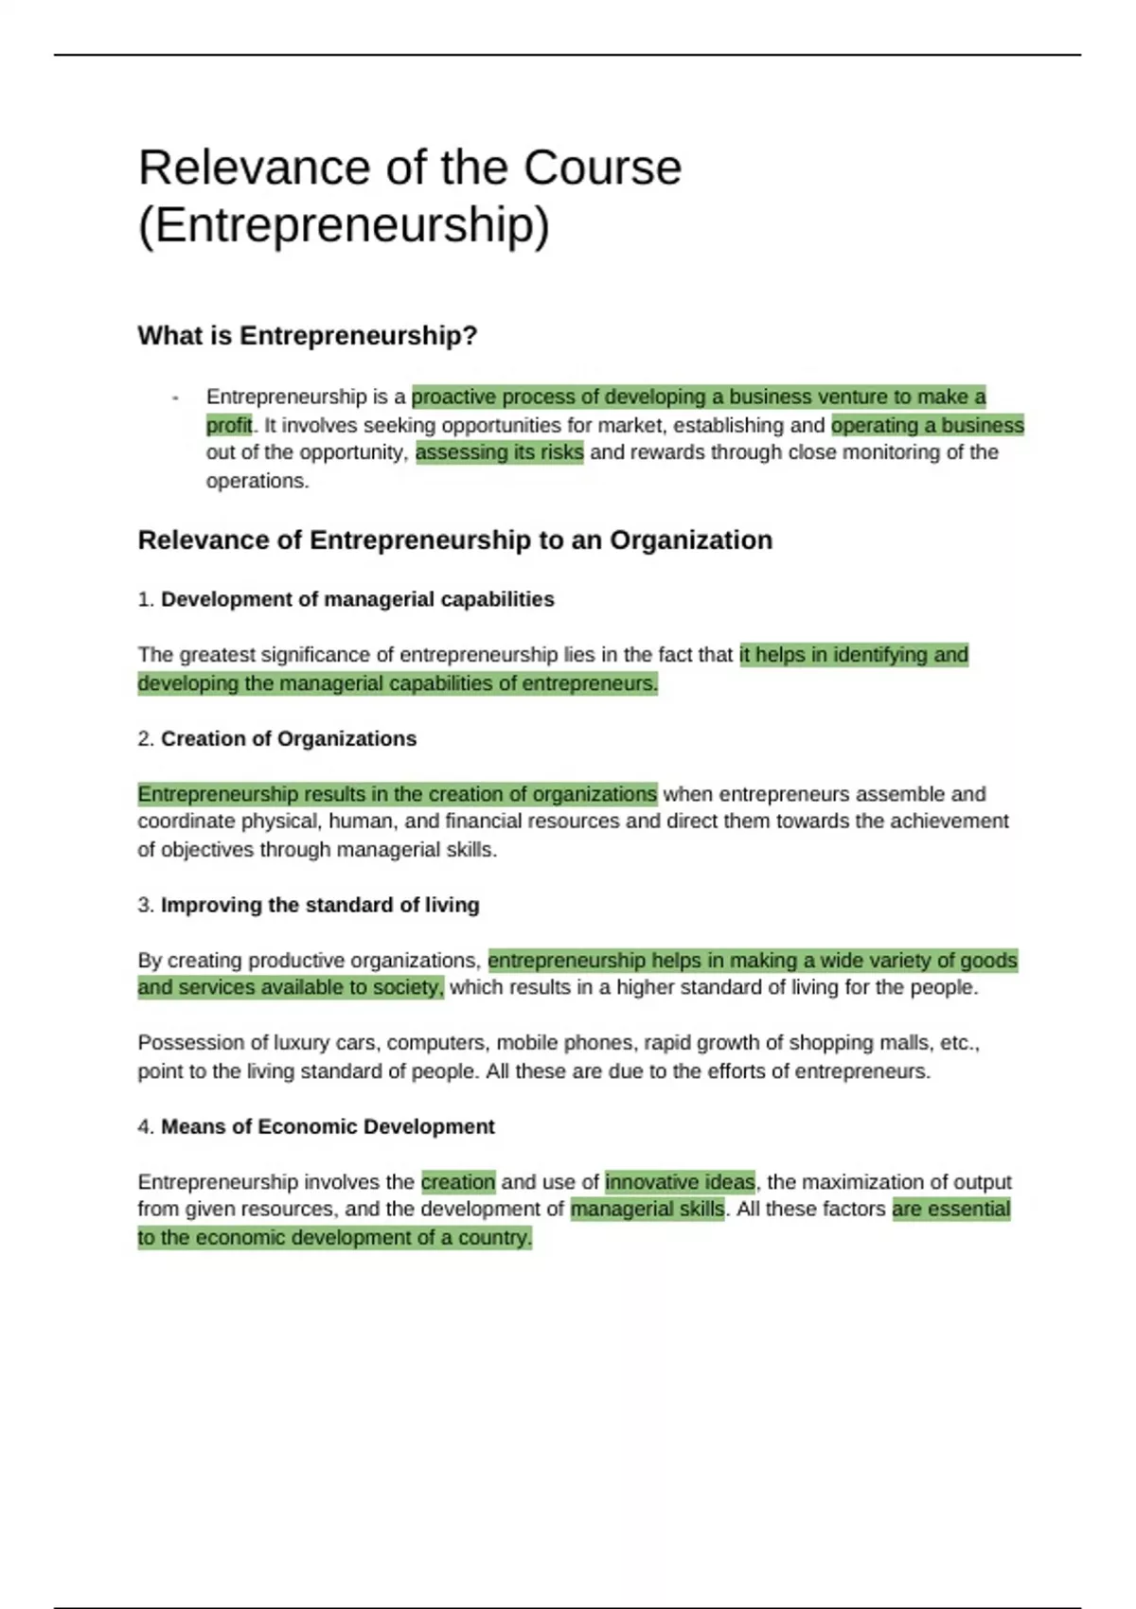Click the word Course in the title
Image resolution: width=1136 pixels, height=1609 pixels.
coord(602,168)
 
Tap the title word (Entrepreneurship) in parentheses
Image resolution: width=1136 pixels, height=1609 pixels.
coord(344,225)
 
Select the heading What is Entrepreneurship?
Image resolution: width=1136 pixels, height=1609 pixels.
coord(308,336)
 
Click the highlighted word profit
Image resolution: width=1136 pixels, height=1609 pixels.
coord(229,425)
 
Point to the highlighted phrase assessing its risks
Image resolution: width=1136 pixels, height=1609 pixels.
coord(499,452)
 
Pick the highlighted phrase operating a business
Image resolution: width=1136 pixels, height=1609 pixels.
coord(928,425)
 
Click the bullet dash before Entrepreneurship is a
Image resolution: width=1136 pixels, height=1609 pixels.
coord(176,398)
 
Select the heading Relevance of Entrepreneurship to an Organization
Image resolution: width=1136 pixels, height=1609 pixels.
coord(455,540)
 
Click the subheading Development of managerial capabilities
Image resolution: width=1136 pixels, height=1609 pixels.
coord(358,599)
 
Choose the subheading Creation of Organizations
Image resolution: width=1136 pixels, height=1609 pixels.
coord(289,738)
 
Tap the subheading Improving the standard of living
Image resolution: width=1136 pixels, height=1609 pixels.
coord(320,905)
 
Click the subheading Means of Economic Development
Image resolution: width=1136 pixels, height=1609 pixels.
coord(328,1126)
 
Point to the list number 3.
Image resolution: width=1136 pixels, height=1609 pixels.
coord(145,905)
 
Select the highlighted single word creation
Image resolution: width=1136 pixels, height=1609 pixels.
coord(458,1182)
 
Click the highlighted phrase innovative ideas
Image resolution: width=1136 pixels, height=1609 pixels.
coord(680,1182)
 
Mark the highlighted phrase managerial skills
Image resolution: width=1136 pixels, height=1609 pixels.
coord(648,1209)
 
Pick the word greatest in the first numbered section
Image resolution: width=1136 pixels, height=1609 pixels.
coord(217,655)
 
